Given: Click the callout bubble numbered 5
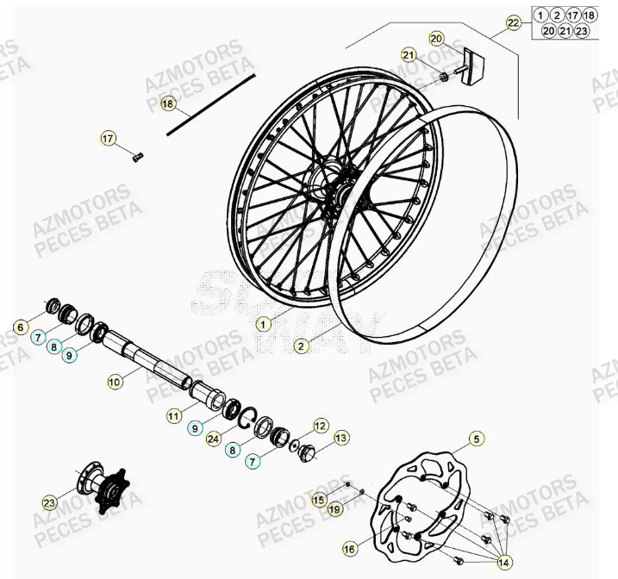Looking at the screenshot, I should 476,439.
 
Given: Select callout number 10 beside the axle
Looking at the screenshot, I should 115,378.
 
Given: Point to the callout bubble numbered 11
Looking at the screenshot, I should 174,416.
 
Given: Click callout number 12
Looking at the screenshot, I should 320,425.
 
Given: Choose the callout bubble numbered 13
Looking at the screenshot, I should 342,438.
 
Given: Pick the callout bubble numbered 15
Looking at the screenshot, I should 319,499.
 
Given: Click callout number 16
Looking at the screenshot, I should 349,548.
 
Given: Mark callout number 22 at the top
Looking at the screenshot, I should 514,23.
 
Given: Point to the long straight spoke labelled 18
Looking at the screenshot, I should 211,103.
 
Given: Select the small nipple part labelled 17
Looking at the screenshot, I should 139,156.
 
